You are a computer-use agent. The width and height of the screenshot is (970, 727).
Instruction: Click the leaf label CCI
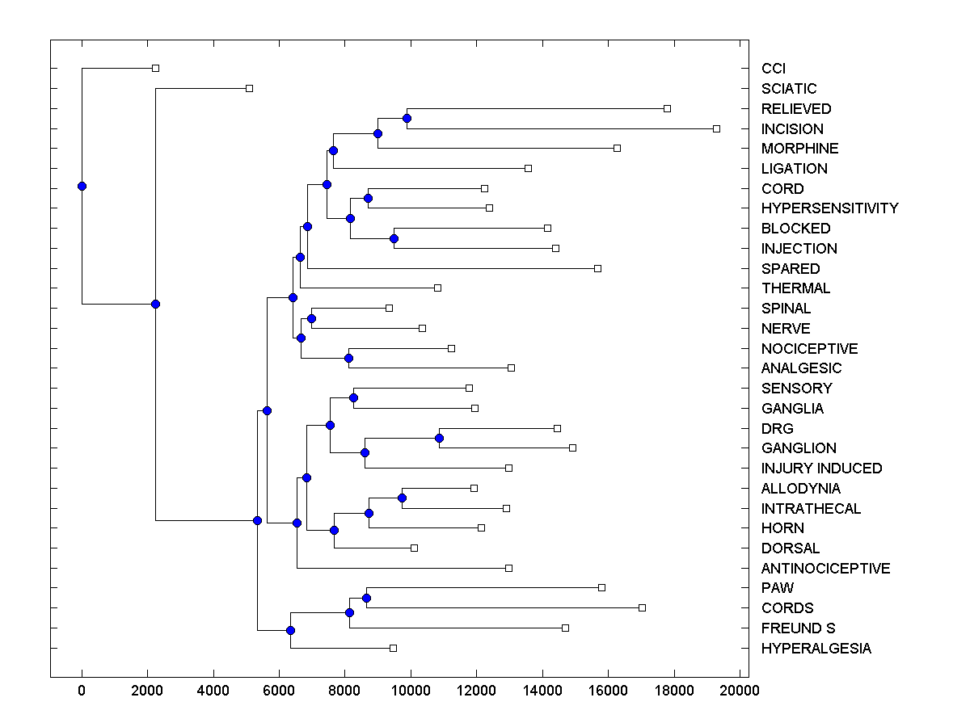774,69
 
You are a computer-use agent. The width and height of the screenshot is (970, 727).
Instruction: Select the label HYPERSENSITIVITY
829,208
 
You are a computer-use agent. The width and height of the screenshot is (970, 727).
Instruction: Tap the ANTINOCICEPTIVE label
825,569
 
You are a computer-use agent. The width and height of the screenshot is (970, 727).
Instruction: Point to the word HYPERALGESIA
816,649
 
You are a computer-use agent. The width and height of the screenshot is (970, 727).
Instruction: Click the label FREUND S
798,628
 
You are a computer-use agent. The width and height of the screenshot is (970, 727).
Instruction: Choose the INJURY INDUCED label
821,469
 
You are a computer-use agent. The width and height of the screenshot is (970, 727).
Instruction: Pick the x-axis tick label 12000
476,691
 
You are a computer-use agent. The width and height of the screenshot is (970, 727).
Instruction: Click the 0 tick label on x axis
82,691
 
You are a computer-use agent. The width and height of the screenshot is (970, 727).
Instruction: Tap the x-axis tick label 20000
739,691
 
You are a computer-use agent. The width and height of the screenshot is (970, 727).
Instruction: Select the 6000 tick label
279,691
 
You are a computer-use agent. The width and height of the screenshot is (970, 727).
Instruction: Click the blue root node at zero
82,186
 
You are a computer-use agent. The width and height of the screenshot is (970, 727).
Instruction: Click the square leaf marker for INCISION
716,128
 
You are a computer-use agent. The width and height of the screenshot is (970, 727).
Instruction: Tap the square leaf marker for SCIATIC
249,88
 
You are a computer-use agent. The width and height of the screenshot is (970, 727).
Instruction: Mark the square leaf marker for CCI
156,68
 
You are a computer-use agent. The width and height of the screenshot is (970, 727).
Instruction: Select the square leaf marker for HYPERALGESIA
393,648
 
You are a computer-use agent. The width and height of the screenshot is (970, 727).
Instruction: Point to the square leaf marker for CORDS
642,607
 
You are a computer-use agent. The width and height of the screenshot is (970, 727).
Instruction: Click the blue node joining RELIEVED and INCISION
407,119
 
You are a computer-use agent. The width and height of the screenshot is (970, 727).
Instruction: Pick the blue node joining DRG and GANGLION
439,438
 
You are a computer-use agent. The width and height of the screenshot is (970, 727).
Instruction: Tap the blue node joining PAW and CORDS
366,598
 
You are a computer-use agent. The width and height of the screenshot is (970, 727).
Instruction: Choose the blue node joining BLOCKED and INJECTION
394,238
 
